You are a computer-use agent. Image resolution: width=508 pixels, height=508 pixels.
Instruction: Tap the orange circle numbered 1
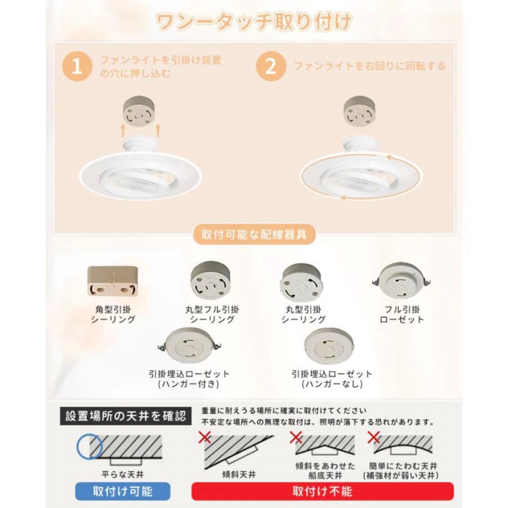tap(77, 67)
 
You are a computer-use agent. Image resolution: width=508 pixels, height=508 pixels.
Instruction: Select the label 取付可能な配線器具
tap(254, 234)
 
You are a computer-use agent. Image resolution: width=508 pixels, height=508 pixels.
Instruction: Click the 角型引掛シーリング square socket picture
tap(112, 281)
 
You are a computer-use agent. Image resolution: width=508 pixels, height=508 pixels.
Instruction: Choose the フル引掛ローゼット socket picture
tap(401, 280)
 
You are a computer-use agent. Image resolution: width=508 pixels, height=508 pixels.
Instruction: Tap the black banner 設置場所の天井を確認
tap(126, 415)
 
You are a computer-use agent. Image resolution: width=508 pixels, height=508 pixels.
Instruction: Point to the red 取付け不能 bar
tap(322, 492)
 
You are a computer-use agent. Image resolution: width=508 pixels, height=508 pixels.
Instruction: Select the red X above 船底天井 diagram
tap(296, 438)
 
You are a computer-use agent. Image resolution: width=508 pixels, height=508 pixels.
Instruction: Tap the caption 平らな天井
tap(119, 474)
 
